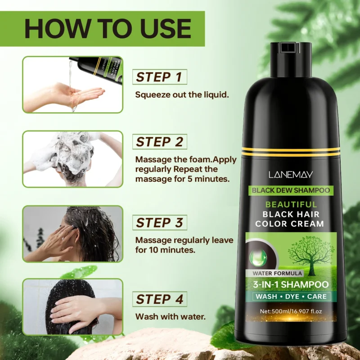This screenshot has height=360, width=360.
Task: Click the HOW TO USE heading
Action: coord(108,28)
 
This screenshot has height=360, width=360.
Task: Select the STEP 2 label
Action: coord(159,142)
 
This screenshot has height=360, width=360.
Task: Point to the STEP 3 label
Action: coord(159,223)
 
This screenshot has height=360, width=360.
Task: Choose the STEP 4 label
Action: coord(159,299)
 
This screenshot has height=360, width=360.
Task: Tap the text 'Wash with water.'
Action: coord(171,317)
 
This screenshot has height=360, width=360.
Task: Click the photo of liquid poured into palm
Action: coord(72,85)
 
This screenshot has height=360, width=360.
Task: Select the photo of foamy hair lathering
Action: coord(72,159)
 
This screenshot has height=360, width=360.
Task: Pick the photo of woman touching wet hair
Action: coord(72,234)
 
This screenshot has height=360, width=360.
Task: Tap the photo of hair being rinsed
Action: coord(72,307)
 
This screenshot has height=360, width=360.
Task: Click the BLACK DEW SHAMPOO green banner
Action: coord(291,190)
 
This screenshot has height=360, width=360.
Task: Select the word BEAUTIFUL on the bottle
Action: coord(290,205)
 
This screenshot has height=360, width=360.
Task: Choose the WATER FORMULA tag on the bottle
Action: coord(274,273)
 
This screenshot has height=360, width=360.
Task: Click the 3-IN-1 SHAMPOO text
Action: coord(290,284)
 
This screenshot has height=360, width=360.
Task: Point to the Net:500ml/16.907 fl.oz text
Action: coord(290,311)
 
